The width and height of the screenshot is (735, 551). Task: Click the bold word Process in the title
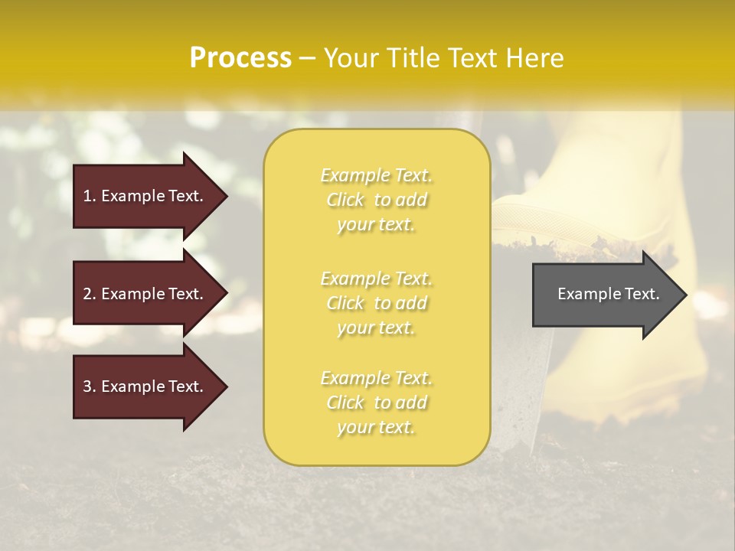coord(240,58)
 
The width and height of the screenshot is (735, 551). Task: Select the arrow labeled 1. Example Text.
coord(145,196)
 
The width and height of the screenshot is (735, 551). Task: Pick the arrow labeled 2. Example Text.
coord(145,294)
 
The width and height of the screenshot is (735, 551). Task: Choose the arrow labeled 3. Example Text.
coord(145,386)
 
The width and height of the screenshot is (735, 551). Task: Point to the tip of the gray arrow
coord(684,295)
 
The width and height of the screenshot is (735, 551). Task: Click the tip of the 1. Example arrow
coord(225,196)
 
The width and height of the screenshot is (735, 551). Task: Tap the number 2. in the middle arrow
coord(90,294)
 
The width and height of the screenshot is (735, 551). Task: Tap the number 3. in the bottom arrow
coord(90,386)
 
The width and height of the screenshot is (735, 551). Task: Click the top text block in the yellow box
coord(376,200)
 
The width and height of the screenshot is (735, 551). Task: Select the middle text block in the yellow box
coord(376,303)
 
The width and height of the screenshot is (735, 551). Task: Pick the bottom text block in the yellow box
coord(376,403)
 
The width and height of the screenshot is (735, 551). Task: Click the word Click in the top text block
coord(345,200)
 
